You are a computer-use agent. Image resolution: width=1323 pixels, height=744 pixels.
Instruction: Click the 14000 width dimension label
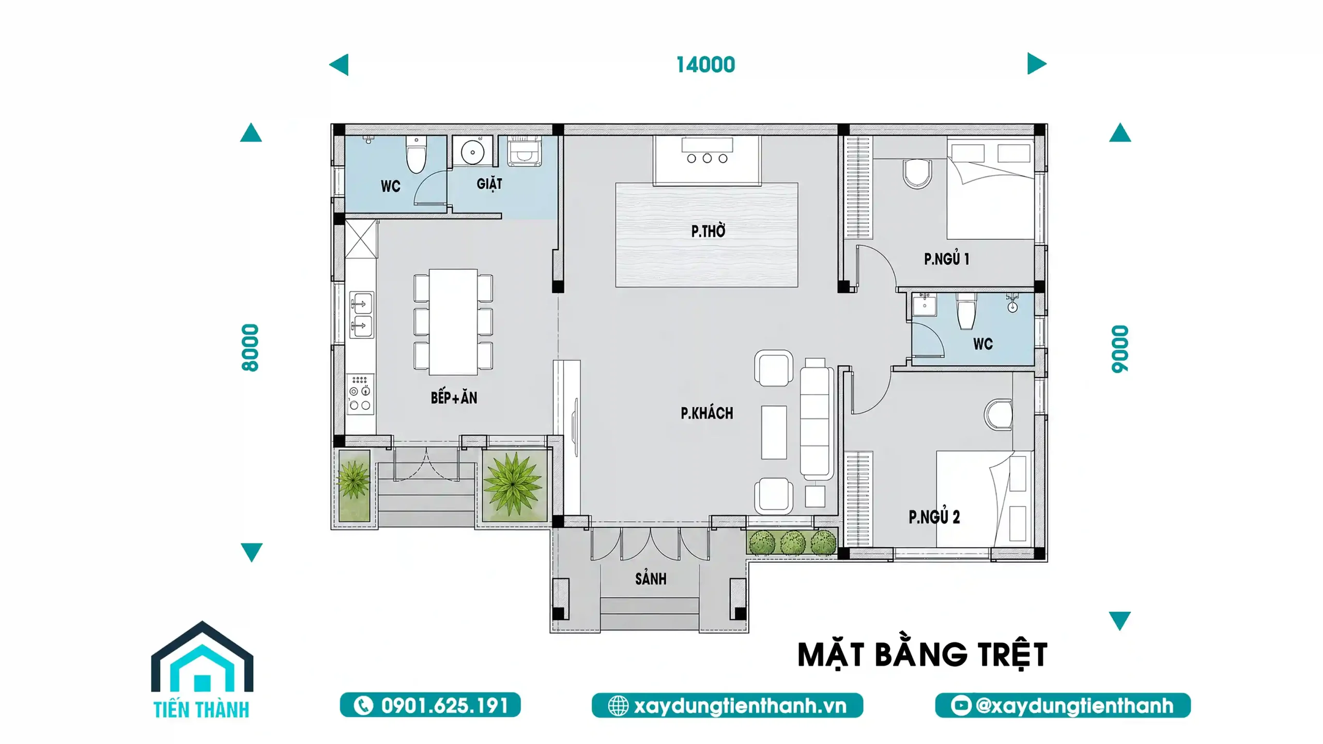pyautogui.click(x=705, y=65)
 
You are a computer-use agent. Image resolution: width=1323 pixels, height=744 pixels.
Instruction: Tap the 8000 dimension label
pyautogui.click(x=250, y=348)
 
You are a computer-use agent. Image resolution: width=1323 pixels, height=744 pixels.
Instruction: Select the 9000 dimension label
pyautogui.click(x=1120, y=349)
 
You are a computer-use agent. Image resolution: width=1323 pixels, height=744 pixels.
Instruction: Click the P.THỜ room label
pyautogui.click(x=708, y=230)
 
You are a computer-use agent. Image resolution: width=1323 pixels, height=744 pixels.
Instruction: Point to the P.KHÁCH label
pyautogui.click(x=706, y=413)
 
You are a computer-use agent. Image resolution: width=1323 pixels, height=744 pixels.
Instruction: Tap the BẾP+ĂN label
pyautogui.click(x=454, y=397)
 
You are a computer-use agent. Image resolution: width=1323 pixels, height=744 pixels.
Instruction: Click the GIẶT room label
pyautogui.click(x=489, y=183)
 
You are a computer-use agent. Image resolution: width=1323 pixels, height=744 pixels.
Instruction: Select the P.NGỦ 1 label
pyautogui.click(x=946, y=258)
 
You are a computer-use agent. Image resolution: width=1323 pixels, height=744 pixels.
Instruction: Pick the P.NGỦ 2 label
pyautogui.click(x=934, y=516)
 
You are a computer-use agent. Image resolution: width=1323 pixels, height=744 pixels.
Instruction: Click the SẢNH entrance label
pyautogui.click(x=651, y=578)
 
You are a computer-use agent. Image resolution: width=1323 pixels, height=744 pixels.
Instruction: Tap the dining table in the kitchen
pyautogui.click(x=453, y=322)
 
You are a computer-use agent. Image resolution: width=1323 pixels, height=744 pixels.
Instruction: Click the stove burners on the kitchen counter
pyautogui.click(x=360, y=394)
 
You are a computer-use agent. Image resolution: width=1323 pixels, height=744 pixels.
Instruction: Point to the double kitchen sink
pyautogui.click(x=362, y=315)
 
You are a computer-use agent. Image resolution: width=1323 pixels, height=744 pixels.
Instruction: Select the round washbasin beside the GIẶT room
pyautogui.click(x=472, y=152)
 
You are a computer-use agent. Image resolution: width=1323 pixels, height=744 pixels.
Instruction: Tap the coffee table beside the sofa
pyautogui.click(x=774, y=432)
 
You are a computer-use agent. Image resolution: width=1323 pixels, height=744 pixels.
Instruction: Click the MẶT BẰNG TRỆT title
pyautogui.click(x=922, y=655)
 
